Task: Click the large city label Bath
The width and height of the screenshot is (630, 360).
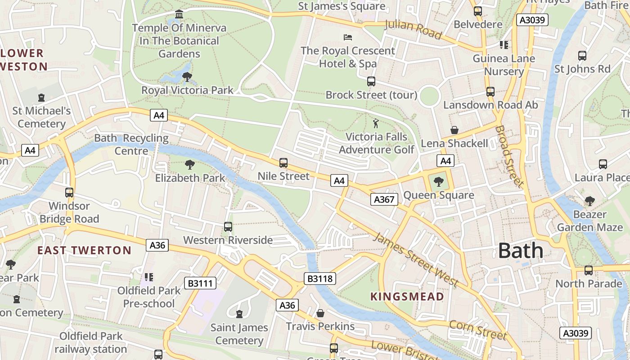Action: [521, 251]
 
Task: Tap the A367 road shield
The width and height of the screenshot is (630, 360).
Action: [384, 199]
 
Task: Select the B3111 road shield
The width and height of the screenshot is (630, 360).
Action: [200, 283]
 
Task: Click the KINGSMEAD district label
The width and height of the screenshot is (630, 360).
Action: [407, 297]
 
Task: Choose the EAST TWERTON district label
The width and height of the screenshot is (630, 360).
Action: [84, 251]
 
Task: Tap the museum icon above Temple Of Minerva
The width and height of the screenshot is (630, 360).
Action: [179, 14]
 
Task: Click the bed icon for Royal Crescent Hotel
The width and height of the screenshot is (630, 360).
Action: [348, 37]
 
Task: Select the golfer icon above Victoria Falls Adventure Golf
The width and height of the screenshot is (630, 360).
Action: [376, 123]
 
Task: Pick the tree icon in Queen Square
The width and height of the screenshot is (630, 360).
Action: [438, 182]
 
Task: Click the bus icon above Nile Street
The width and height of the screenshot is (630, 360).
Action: [283, 163]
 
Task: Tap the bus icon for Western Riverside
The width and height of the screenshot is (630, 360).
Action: [228, 227]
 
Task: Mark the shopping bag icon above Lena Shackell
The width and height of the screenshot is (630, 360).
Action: [454, 130]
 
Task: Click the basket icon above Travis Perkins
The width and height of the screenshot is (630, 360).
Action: [320, 313]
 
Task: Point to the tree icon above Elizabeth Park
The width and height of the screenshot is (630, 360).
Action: [190, 165]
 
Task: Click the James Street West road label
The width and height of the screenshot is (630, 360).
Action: [415, 260]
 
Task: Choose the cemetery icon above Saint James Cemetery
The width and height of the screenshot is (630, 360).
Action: [239, 314]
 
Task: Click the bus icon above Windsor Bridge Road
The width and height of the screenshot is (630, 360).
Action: [69, 193]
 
